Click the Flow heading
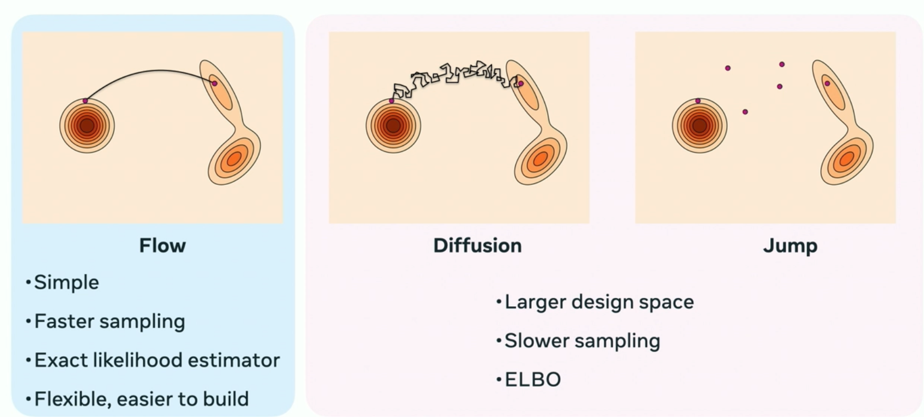coord(163,246)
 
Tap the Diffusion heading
coord(477,246)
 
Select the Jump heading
coord(790,246)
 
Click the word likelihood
coord(138,360)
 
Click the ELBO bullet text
coord(532,380)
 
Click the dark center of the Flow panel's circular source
coord(87,125)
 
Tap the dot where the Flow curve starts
coord(85,101)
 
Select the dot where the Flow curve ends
coord(214,83)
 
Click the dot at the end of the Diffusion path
coord(521,83)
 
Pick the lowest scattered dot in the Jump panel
coord(745,112)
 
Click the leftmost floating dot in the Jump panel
coord(728,68)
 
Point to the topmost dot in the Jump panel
coord(782,64)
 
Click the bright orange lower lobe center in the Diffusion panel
coord(540,159)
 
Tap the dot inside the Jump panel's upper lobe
coord(827,83)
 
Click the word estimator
coord(234,360)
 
